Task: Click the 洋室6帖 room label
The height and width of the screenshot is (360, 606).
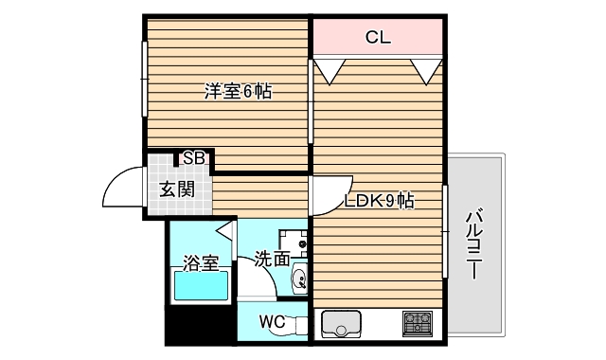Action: coord(240,92)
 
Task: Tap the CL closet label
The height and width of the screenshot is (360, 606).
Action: coord(379,37)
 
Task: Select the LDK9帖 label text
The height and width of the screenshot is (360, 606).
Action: coord(379,200)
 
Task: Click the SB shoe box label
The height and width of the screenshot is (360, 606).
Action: coord(194,158)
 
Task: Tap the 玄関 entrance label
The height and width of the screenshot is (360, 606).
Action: coord(176,189)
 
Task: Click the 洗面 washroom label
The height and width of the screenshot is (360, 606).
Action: coord(271,256)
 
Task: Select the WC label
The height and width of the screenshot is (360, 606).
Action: coord(272,321)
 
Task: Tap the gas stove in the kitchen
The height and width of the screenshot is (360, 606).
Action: coord(418,323)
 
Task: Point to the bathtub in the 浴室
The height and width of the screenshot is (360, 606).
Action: coord(200,285)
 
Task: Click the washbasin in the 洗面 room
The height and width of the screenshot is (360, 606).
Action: coord(298,279)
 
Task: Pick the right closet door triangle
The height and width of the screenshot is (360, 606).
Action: coord(426,68)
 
